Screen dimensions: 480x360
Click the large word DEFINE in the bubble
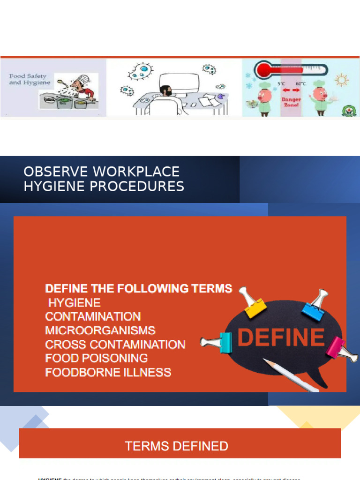click(281, 337)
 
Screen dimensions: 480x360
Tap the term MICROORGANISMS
click(100, 330)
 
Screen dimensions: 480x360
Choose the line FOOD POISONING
click(97, 359)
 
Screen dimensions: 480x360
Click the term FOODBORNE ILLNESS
click(108, 373)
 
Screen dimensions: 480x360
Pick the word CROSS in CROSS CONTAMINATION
click(66, 345)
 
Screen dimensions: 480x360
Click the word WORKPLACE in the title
click(136, 172)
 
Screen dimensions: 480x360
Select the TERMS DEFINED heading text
click(177, 446)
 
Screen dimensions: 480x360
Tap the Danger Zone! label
click(291, 102)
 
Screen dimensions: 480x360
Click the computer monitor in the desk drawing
click(179, 83)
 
